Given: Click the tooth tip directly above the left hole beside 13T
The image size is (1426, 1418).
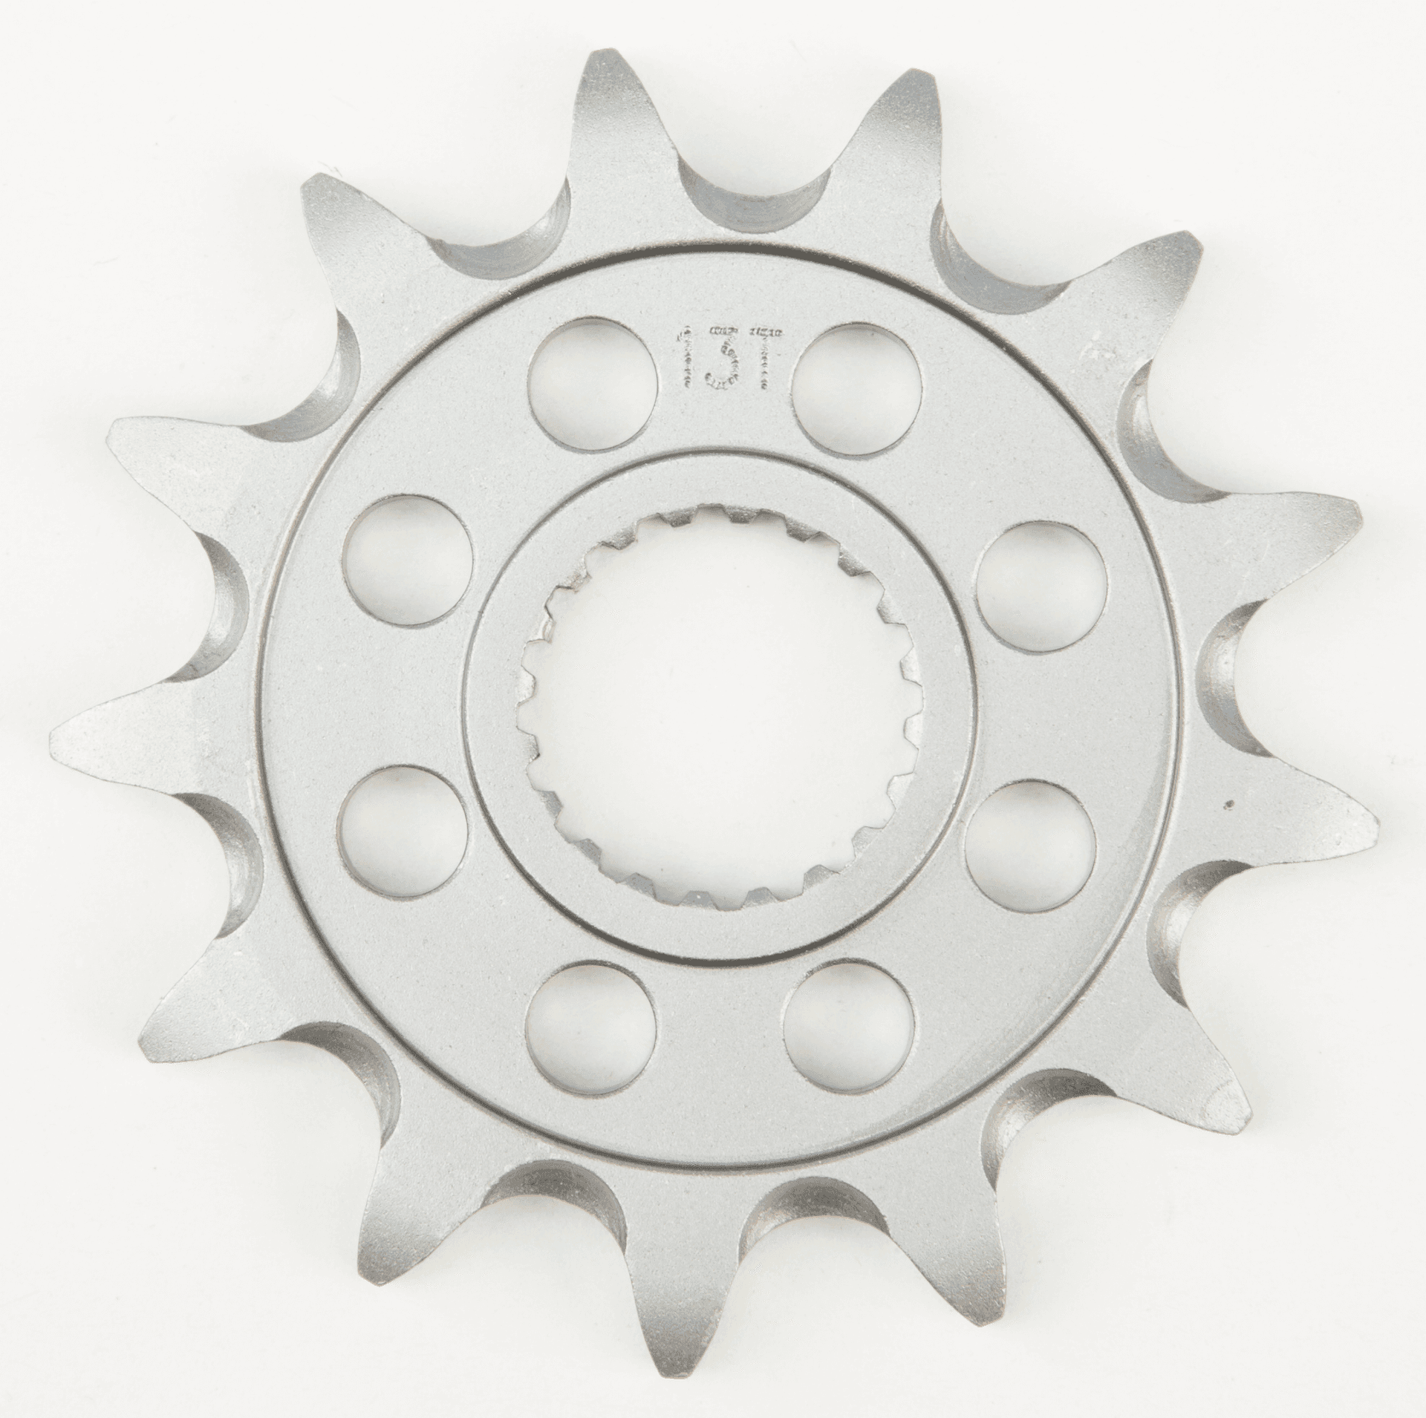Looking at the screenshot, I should point(598,56).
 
